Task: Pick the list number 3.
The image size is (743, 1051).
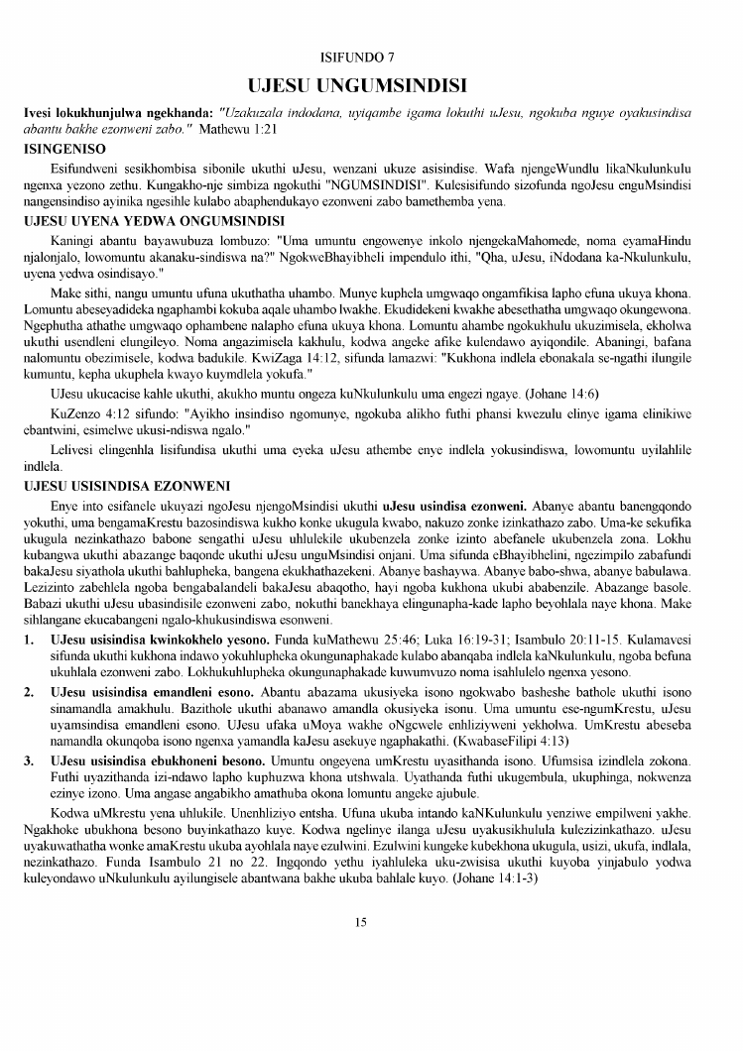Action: [x=30, y=759]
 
